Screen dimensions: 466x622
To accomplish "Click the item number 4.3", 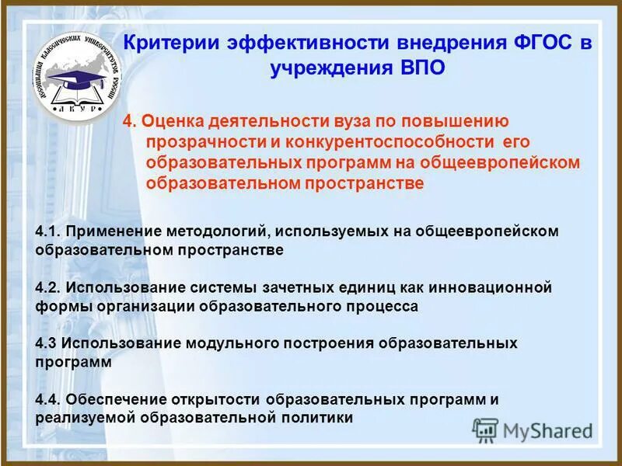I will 47,343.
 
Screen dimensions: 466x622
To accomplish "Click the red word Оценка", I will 172,122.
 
